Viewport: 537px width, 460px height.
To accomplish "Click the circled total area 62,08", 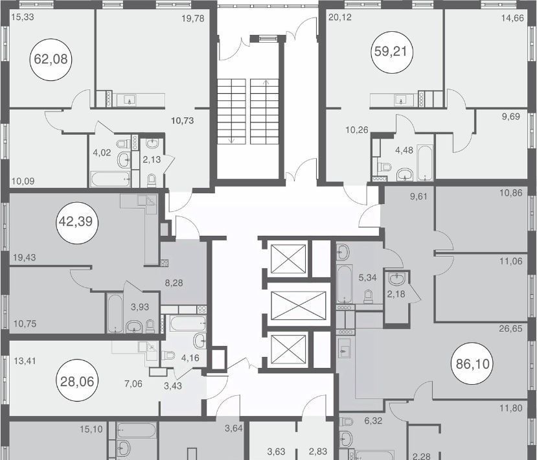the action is click(51, 59).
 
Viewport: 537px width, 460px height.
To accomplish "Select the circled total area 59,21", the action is click(392, 52).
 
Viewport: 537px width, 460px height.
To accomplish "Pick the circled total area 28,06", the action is click(77, 380).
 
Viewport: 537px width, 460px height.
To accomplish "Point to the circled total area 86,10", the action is click(473, 363).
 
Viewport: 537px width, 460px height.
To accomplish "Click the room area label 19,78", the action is click(193, 19).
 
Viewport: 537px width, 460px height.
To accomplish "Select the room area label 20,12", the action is click(340, 17).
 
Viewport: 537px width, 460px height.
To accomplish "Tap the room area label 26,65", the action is click(510, 329).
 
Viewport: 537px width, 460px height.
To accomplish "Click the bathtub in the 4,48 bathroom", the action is click(425, 163).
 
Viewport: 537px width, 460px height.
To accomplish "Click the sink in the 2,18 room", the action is click(397, 278).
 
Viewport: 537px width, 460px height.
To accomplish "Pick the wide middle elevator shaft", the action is click(298, 305).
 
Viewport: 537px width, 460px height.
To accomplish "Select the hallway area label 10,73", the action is click(183, 121).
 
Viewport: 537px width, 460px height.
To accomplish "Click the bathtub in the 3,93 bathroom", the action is click(115, 314).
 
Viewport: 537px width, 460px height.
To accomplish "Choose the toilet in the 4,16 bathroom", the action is click(168, 355).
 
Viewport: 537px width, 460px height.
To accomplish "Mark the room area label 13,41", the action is click(25, 361).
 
